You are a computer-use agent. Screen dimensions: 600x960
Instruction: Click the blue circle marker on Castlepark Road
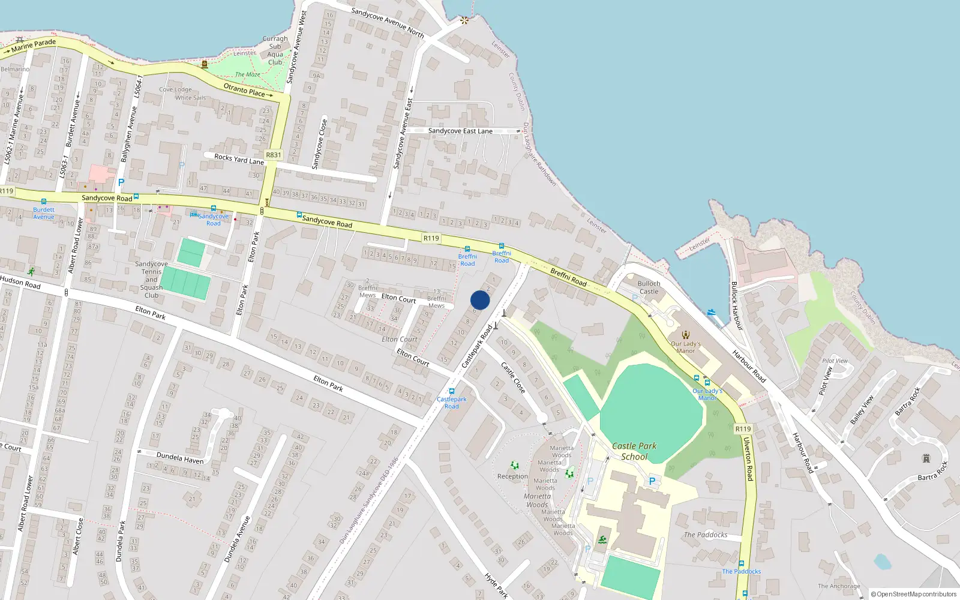[x=480, y=300]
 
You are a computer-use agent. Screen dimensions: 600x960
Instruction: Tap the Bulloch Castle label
[x=649, y=287]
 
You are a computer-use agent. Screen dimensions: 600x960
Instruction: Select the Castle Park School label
[x=634, y=451]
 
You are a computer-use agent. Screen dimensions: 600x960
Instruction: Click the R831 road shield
[x=273, y=155]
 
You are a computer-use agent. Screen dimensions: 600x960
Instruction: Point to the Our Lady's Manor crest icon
[x=686, y=335]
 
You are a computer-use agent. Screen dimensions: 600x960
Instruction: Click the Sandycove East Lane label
[x=460, y=131]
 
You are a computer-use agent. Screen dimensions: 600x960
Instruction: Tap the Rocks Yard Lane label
[x=239, y=159]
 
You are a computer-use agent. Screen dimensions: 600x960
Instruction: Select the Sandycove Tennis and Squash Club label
[x=151, y=280]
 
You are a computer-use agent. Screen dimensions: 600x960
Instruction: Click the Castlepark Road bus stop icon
[x=452, y=391]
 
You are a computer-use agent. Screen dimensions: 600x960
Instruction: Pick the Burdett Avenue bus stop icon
[x=43, y=202]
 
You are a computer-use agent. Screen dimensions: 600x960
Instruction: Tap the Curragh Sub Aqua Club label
[x=275, y=50]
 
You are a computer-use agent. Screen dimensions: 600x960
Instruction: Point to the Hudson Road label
[x=21, y=282]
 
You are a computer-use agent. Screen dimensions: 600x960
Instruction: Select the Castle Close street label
[x=513, y=377]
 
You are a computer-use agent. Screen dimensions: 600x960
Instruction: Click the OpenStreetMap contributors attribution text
[x=913, y=594]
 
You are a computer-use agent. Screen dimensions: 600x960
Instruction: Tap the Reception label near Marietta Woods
[x=512, y=476]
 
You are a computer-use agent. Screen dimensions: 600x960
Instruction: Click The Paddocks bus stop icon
[x=742, y=564]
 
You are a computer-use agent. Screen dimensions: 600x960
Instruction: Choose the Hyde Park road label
[x=496, y=586]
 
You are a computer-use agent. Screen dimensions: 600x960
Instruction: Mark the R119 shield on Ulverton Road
[x=743, y=429]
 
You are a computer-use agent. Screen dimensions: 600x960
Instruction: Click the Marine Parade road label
[x=33, y=45]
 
